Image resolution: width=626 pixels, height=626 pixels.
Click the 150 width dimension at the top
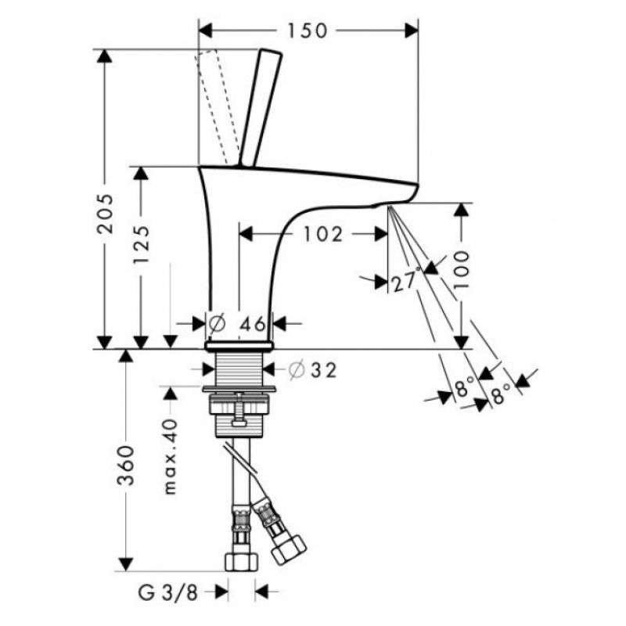[x=308, y=31]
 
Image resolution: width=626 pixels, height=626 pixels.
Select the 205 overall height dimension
[x=106, y=214]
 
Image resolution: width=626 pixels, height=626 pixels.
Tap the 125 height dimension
[x=141, y=244]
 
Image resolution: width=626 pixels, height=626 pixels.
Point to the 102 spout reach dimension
[x=323, y=234]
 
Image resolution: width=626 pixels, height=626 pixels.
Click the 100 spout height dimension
[x=461, y=270]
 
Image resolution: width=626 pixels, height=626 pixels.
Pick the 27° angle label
[x=406, y=281]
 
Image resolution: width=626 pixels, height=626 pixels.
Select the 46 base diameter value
[x=252, y=324]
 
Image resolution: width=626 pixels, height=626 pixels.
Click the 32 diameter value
[x=323, y=370]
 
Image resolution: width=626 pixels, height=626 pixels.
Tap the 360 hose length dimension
[x=126, y=466]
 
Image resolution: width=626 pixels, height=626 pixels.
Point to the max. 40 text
[x=171, y=456]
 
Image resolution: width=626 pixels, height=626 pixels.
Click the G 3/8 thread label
[x=168, y=593]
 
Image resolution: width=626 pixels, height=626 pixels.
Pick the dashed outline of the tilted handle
[x=217, y=107]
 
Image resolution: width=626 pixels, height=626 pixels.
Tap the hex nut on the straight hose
[x=241, y=562]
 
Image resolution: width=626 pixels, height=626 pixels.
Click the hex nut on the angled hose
[x=289, y=550]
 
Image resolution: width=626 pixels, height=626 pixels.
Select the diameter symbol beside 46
[x=217, y=324]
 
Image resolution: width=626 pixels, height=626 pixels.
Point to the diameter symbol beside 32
[x=297, y=370]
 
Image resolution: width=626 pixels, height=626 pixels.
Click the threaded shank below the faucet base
[x=239, y=369]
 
